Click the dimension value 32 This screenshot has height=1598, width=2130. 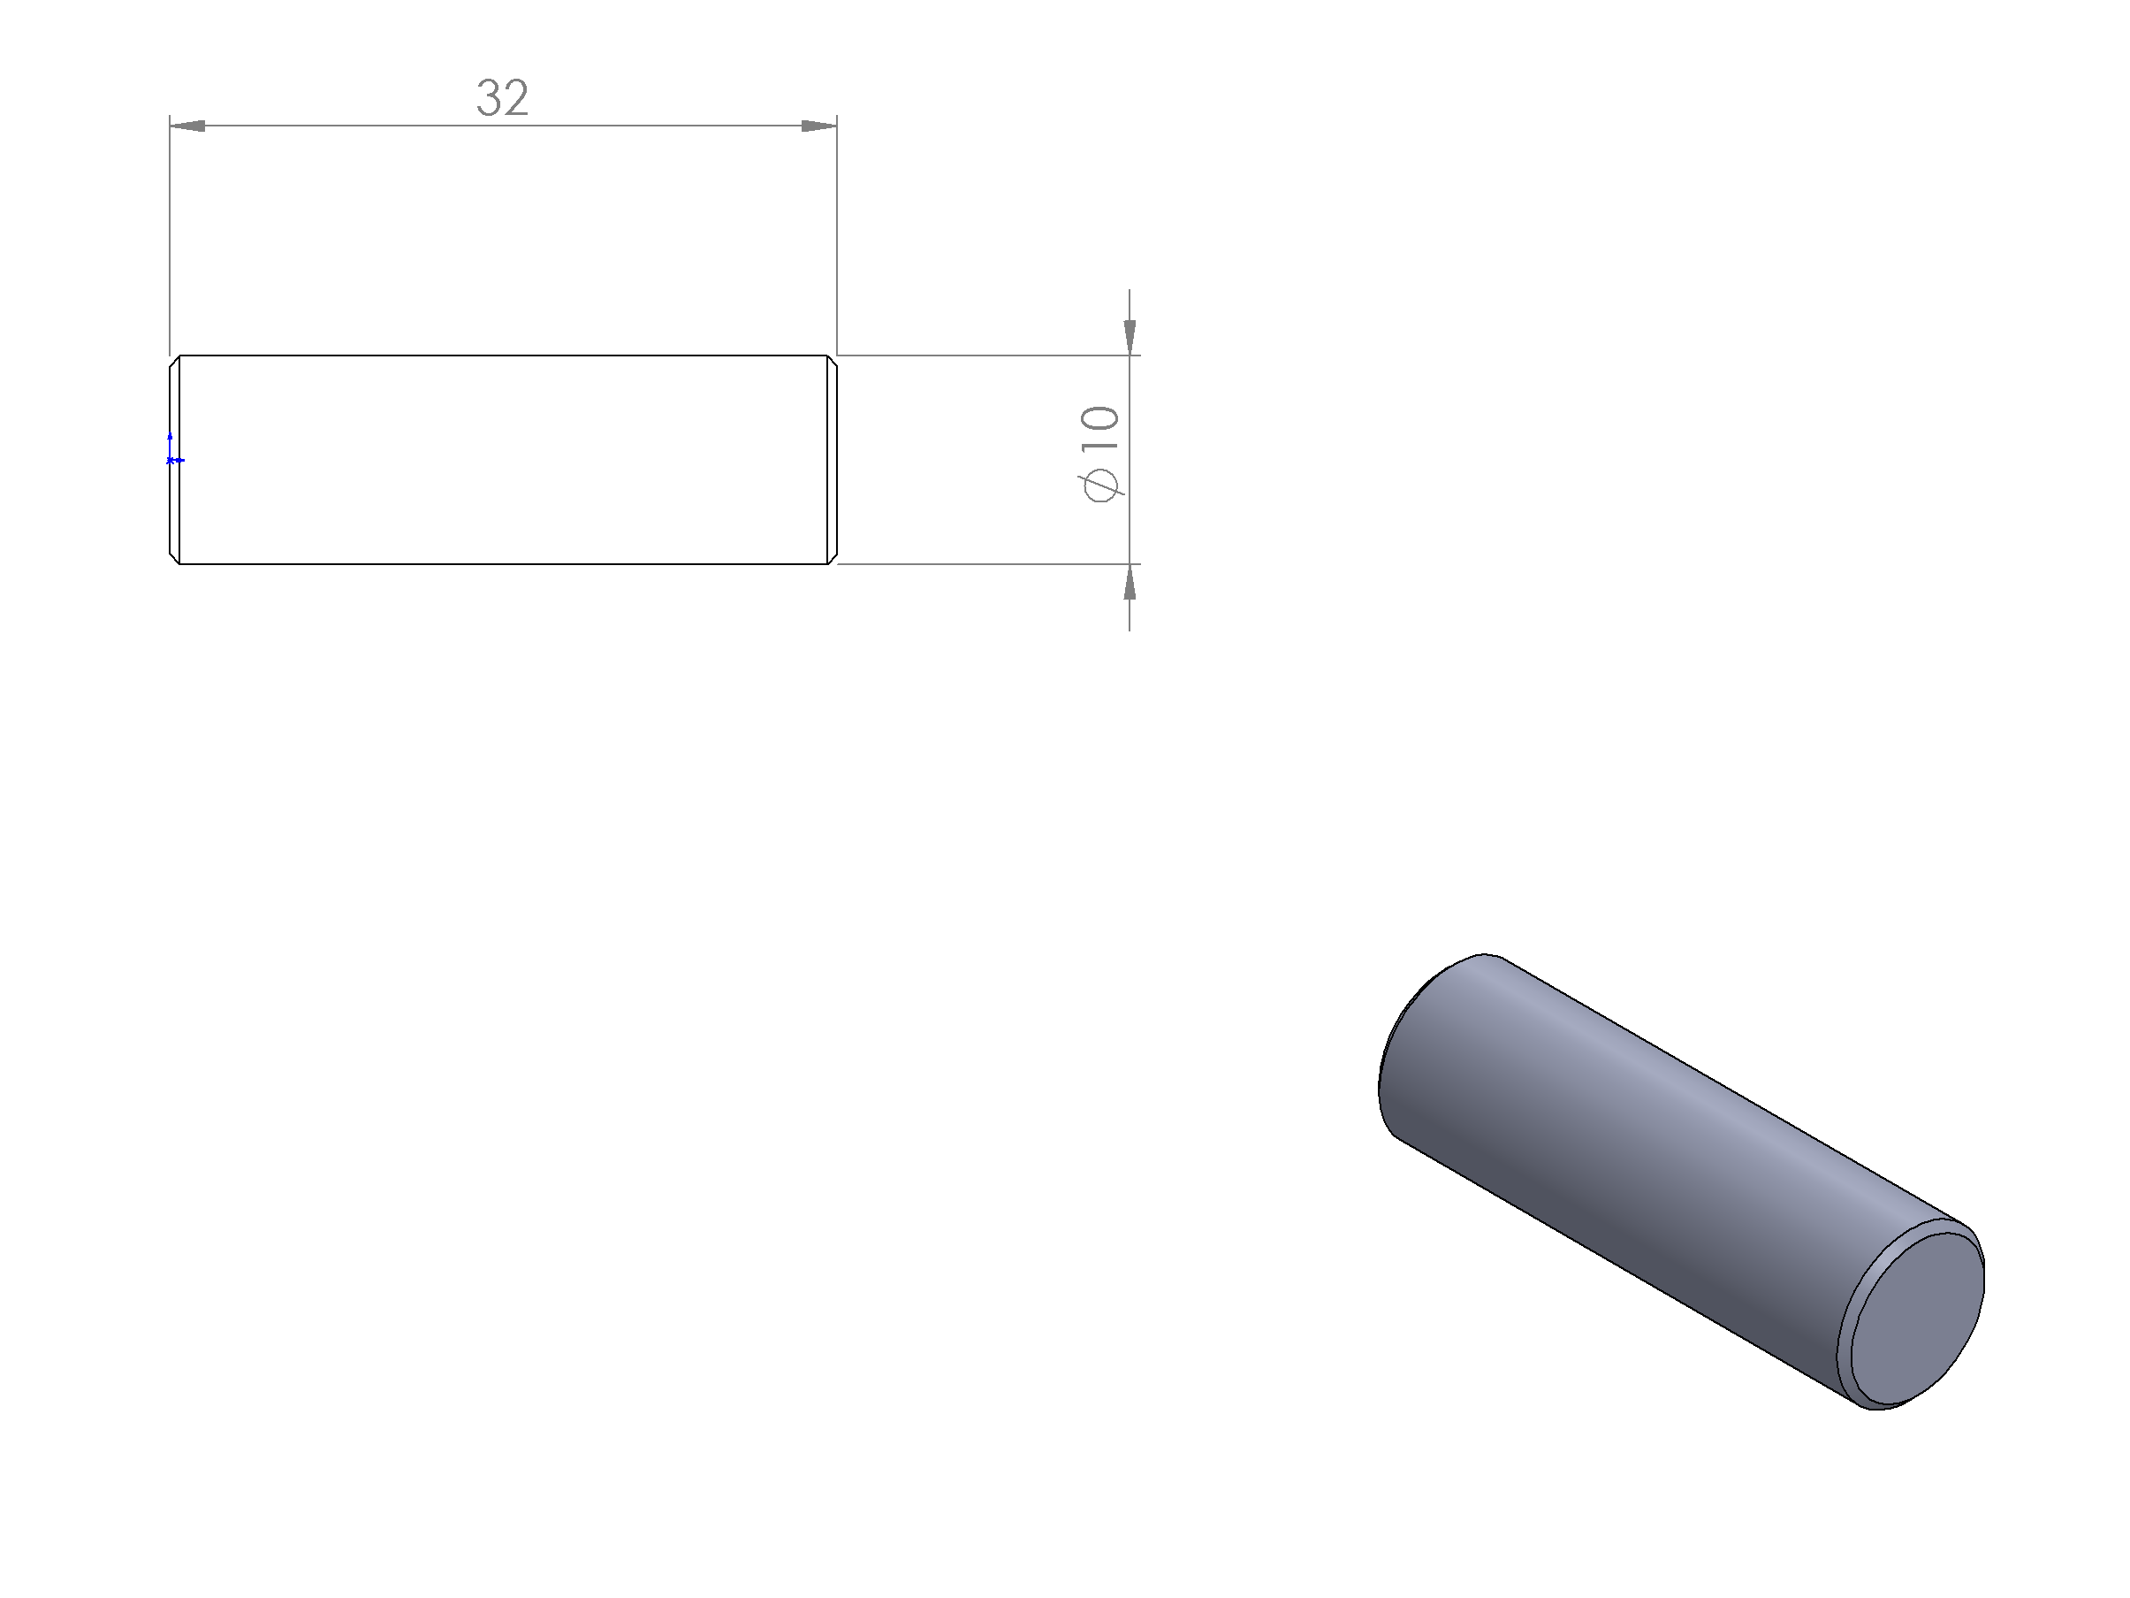[x=503, y=97]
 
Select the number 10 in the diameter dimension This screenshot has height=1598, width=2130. [x=1099, y=429]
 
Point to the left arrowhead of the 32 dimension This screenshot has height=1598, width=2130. [x=187, y=126]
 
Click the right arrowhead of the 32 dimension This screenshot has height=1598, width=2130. [x=819, y=126]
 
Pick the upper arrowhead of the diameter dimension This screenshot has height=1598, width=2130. [x=1130, y=337]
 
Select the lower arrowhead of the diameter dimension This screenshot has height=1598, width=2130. [x=1130, y=582]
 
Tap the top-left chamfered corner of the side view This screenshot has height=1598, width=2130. [x=175, y=361]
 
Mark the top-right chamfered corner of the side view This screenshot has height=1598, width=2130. [x=832, y=361]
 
